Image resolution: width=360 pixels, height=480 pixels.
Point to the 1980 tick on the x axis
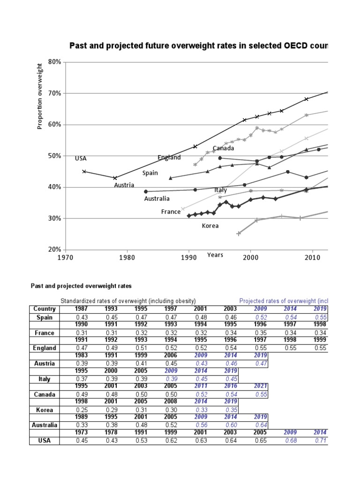[127, 257]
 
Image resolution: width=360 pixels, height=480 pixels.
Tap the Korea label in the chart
[210, 225]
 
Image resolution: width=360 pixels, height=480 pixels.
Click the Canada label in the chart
[224, 149]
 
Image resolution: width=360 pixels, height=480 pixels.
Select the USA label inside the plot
[81, 158]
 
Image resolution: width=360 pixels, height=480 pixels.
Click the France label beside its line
[171, 212]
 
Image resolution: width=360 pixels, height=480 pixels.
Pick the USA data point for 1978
[115, 178]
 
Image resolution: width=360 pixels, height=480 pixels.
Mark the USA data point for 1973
[84, 172]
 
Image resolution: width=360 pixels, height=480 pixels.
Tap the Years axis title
[215, 255]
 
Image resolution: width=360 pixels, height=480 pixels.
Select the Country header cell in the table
[45, 309]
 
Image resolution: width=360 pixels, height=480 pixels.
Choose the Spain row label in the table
[45, 317]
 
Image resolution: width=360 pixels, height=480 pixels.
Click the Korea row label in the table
[45, 410]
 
